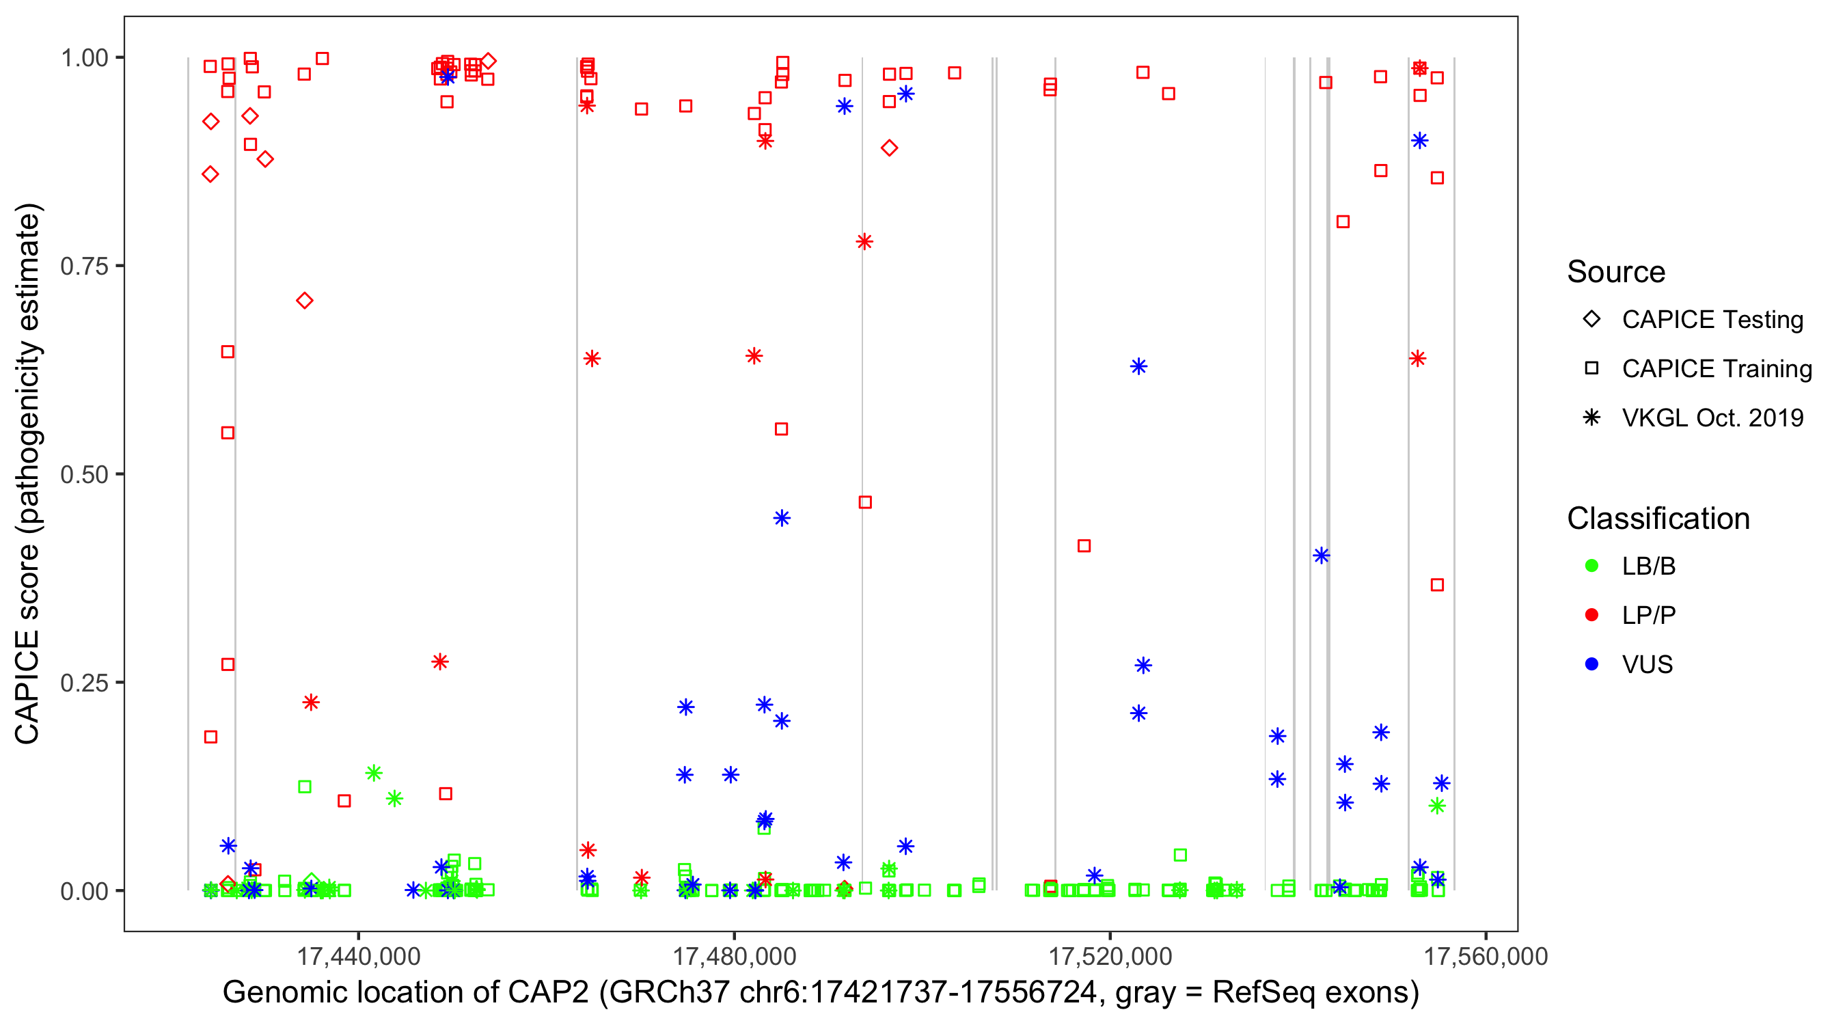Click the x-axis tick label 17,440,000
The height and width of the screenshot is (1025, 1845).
[358, 956]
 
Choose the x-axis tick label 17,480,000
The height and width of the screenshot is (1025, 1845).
[734, 956]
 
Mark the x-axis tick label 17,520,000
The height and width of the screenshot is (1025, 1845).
[1110, 956]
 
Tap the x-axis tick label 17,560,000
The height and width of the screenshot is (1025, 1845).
[1486, 956]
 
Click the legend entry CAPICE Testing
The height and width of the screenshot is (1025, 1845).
[1712, 320]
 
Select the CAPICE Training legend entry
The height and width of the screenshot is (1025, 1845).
[1716, 369]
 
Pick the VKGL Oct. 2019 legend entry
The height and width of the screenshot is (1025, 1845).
[1712, 418]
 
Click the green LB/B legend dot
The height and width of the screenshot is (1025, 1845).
[1591, 566]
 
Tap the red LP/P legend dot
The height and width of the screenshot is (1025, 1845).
[1591, 615]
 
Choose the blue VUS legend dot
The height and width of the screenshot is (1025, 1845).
[1591, 664]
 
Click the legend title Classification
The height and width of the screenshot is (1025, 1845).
[1658, 519]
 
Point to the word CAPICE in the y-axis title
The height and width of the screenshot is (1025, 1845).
[27, 687]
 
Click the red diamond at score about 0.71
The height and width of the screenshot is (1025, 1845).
[304, 301]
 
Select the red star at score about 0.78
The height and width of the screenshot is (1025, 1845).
[864, 241]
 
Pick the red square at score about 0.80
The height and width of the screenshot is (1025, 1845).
[1343, 222]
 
